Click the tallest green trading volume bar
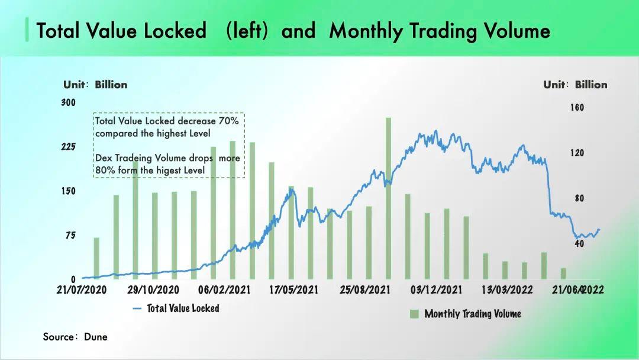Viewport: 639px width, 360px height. [388, 198]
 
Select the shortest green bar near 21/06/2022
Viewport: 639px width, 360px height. [563, 273]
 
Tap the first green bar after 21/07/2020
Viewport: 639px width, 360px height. [96, 258]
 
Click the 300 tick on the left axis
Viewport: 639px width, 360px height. [69, 102]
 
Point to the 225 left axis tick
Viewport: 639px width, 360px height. [69, 147]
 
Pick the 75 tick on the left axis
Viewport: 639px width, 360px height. [70, 235]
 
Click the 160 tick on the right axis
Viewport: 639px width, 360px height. [577, 108]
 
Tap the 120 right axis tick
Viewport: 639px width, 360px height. [577, 153]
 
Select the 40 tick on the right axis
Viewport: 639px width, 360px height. [579, 243]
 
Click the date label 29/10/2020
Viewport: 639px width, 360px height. [153, 290]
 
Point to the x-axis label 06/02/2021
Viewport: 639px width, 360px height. [224, 290]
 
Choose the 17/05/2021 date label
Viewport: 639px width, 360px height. [293, 290]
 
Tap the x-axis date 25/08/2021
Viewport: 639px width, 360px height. [365, 290]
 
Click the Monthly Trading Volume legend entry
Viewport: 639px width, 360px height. [472, 314]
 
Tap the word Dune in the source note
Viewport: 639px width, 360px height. [95, 337]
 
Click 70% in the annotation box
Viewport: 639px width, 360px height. [228, 121]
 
